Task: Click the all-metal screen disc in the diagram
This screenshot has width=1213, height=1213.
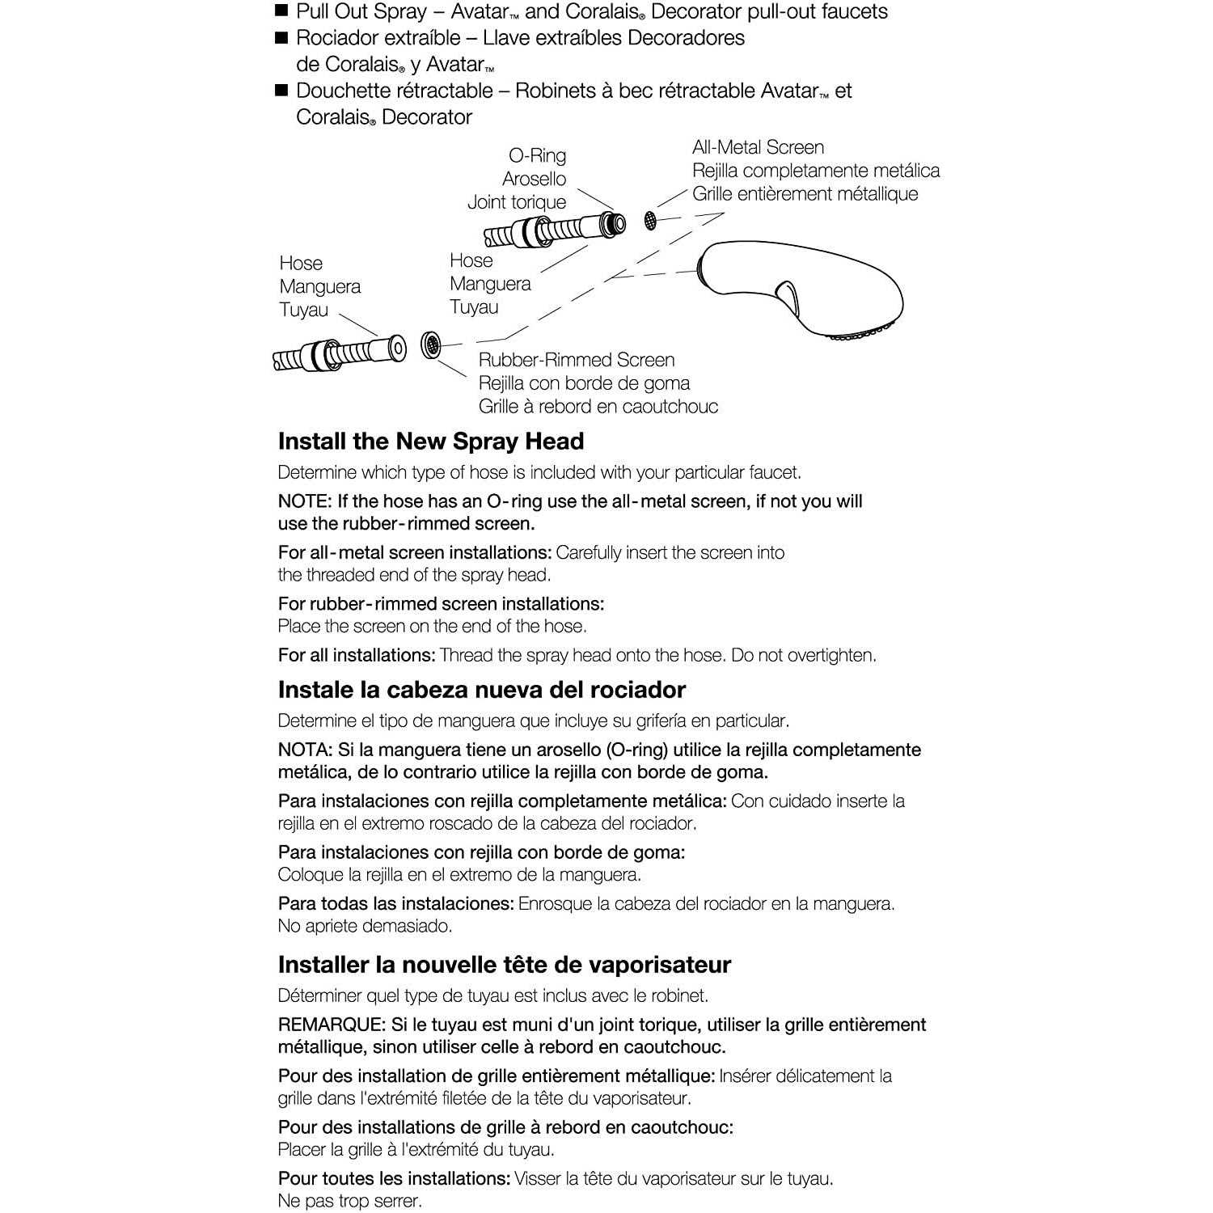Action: (649, 219)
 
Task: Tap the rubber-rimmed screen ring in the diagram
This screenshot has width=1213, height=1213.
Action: (432, 346)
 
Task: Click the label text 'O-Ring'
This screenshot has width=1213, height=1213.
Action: (537, 155)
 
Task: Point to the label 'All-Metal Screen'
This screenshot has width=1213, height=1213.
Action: (758, 147)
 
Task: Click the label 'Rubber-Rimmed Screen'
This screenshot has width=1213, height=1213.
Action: (576, 360)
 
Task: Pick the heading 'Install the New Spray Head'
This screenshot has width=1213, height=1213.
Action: (430, 442)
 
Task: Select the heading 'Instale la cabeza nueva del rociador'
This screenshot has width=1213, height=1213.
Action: (481, 690)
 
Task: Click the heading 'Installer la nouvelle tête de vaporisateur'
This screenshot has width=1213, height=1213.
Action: (504, 965)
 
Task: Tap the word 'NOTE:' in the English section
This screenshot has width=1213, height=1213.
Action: (304, 501)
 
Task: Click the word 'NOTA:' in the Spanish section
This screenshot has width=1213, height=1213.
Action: (304, 750)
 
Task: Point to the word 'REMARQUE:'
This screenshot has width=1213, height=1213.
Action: (332, 1025)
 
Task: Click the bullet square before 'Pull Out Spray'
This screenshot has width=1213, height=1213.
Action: (281, 11)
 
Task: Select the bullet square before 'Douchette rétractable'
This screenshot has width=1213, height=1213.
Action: (281, 90)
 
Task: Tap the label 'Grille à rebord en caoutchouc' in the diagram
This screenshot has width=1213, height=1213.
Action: (598, 406)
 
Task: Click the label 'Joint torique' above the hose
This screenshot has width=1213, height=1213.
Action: (516, 202)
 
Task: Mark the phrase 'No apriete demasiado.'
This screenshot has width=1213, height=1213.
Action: (365, 926)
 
